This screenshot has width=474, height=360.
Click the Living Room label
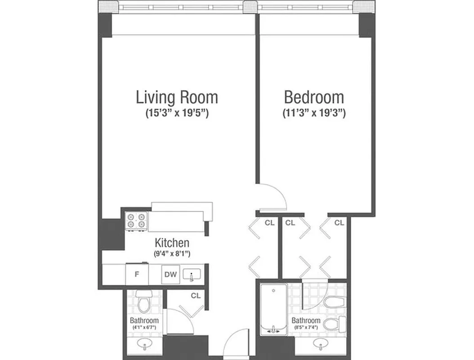click(x=177, y=97)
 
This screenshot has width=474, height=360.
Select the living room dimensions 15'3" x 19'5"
click(x=177, y=113)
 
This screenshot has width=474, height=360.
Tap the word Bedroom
click(x=314, y=97)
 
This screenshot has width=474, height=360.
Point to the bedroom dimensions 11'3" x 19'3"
click(x=314, y=113)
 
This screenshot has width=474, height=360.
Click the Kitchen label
click(x=172, y=243)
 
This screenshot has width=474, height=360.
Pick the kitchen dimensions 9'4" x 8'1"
click(x=172, y=254)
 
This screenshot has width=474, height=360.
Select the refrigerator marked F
click(x=137, y=274)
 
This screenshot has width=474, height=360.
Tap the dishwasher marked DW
click(x=170, y=274)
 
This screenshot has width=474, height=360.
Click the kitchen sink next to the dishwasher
click(x=192, y=274)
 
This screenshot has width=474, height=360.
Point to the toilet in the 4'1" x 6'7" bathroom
click(x=144, y=302)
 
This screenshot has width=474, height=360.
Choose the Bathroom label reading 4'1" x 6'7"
click(x=144, y=324)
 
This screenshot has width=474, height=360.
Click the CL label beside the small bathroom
click(x=195, y=296)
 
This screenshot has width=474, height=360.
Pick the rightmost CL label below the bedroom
click(x=339, y=222)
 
